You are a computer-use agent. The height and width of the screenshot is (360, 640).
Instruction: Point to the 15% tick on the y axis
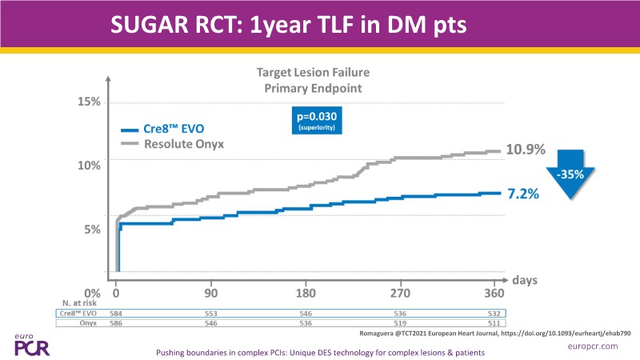[x=88, y=102]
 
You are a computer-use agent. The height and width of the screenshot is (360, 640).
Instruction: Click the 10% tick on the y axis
[x=88, y=165]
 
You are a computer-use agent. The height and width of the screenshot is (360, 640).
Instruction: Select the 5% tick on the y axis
[x=91, y=229]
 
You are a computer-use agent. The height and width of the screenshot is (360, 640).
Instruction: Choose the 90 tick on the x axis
[x=211, y=292]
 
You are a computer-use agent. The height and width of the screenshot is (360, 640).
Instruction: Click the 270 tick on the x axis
[x=400, y=292]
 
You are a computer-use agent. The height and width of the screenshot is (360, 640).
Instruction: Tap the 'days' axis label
[x=524, y=280]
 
